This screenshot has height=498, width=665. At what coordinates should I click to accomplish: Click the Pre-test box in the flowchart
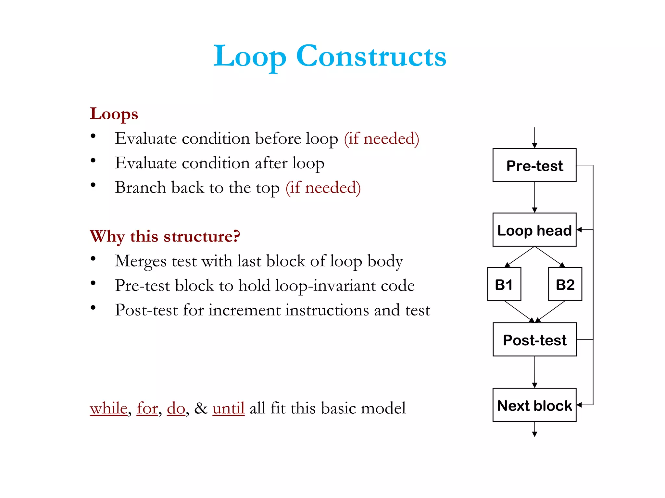click(534, 165)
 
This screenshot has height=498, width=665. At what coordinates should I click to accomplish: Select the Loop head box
click(534, 230)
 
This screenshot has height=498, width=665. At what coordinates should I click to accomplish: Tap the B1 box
click(504, 284)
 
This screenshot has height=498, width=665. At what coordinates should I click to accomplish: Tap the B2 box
click(565, 284)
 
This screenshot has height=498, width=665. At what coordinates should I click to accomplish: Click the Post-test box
click(534, 339)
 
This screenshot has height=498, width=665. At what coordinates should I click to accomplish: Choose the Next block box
click(534, 405)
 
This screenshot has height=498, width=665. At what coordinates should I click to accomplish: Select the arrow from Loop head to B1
click(520, 257)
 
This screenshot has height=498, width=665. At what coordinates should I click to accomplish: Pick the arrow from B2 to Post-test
click(551, 312)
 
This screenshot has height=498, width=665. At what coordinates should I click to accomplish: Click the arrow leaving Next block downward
click(534, 429)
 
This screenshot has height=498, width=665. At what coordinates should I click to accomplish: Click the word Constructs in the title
click(371, 56)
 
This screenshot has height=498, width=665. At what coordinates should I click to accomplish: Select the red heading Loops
click(114, 114)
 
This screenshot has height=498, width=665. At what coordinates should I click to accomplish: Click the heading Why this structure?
click(165, 236)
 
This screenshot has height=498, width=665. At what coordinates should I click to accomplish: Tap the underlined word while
click(108, 408)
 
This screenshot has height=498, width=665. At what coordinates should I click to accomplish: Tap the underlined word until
click(228, 408)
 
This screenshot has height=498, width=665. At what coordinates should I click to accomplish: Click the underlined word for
click(147, 408)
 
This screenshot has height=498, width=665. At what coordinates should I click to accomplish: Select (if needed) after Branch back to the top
click(323, 188)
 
